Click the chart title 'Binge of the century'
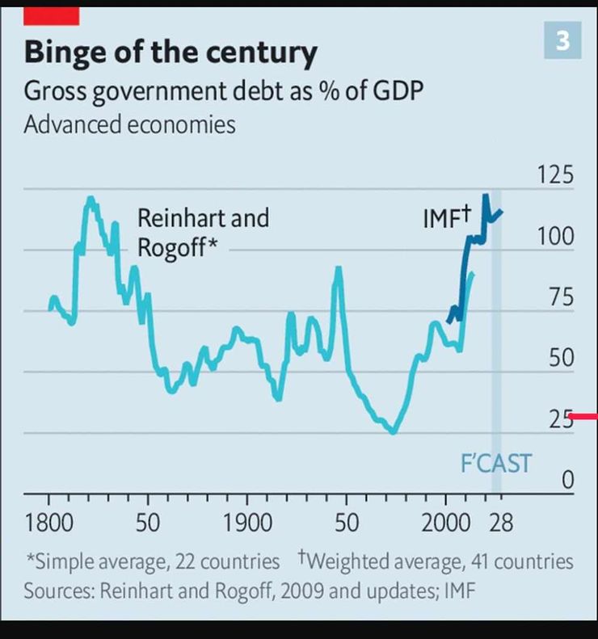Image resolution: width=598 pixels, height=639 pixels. pyautogui.click(x=171, y=53)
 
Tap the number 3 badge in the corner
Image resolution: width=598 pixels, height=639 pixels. pyautogui.click(x=562, y=40)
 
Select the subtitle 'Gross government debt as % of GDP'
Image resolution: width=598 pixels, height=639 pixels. pyautogui.click(x=223, y=90)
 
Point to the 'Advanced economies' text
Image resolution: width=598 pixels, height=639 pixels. pyautogui.click(x=129, y=125)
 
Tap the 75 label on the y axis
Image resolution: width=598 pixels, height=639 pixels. pyautogui.click(x=558, y=297)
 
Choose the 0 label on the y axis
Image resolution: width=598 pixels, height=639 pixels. pyautogui.click(x=566, y=481)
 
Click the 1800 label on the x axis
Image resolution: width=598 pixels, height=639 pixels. pyautogui.click(x=49, y=523)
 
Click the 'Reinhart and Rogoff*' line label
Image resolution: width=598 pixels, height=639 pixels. pyautogui.click(x=202, y=232)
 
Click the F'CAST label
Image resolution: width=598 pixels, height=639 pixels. pyautogui.click(x=495, y=464)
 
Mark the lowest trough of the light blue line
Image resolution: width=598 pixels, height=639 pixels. pyautogui.click(x=393, y=431)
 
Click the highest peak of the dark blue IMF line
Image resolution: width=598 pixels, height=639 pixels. pyautogui.click(x=486, y=195)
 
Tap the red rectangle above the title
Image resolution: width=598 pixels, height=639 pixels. pyautogui.click(x=52, y=15)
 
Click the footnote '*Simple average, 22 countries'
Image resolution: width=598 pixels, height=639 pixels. pyautogui.click(x=153, y=561)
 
